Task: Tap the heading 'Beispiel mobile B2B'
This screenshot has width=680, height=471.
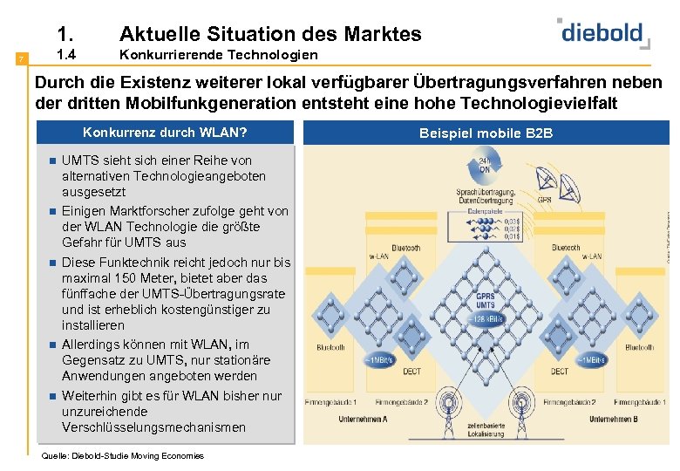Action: (486, 133)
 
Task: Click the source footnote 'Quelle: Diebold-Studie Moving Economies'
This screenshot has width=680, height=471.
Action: (122, 455)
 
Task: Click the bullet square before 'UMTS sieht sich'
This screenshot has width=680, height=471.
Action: (52, 160)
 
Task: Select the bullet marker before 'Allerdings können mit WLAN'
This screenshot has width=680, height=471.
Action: (52, 345)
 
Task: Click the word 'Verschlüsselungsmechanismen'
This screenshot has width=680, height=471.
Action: (153, 427)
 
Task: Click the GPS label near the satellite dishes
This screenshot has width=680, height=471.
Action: (544, 199)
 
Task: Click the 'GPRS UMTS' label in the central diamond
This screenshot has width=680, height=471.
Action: (486, 299)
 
